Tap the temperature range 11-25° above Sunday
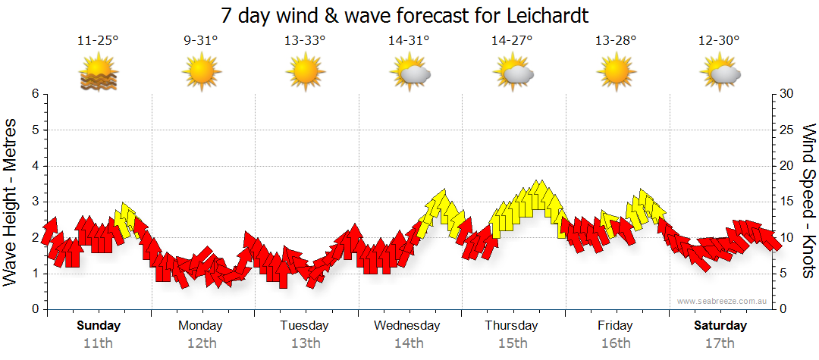tap(98, 41)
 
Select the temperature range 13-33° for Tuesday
tap(305, 41)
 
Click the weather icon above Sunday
tap(98, 74)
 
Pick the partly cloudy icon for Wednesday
tap(409, 74)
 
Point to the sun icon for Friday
tap(616, 74)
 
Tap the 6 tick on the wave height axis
tap(34, 94)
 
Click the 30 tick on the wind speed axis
tap(787, 94)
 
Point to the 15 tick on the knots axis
tap(787, 202)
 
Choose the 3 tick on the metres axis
tap(34, 202)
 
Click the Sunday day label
tap(99, 326)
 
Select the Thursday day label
tap(512, 326)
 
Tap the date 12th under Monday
tap(201, 343)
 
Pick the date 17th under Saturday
tap(720, 343)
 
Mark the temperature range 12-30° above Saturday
tap(720, 41)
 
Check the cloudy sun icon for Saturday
tap(720, 74)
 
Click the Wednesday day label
tap(407, 326)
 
